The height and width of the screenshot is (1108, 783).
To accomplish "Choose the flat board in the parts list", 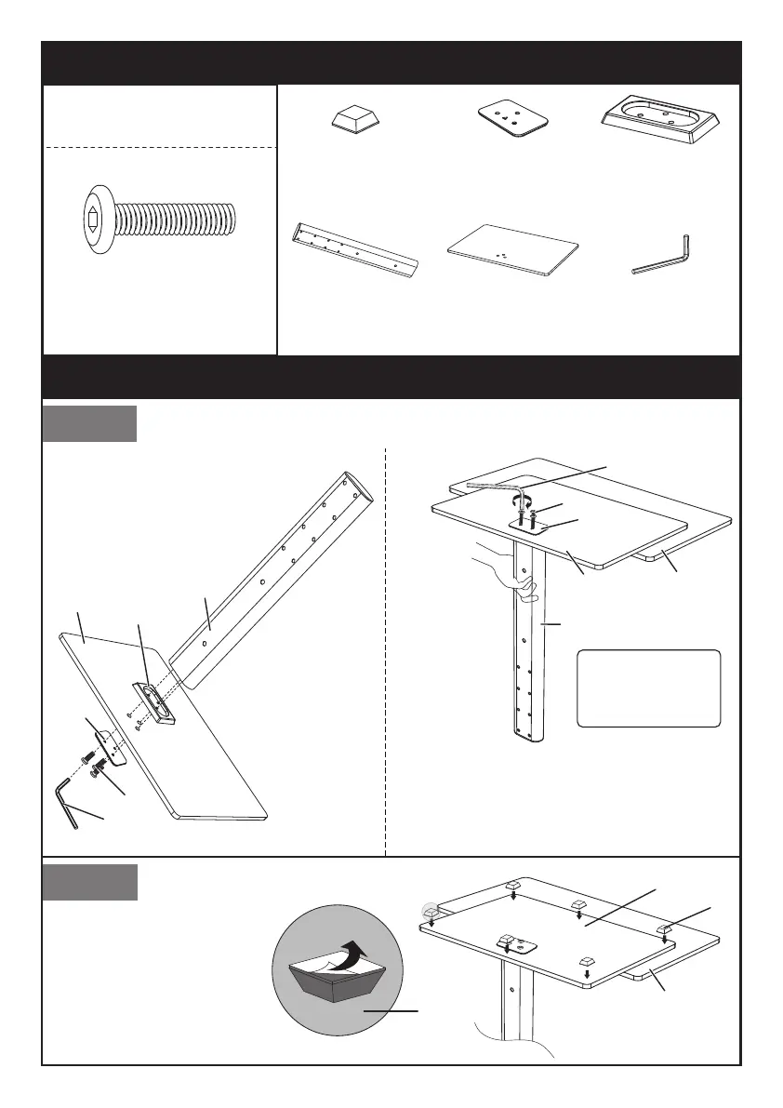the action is click(512, 249).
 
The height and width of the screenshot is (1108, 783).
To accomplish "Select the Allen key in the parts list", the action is click(663, 256).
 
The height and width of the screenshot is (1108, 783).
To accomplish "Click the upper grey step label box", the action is click(90, 423).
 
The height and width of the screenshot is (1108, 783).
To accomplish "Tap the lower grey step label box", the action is click(90, 882).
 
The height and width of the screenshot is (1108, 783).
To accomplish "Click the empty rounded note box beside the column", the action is click(649, 687).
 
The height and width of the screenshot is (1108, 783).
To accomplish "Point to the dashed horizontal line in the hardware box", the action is click(160, 147).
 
